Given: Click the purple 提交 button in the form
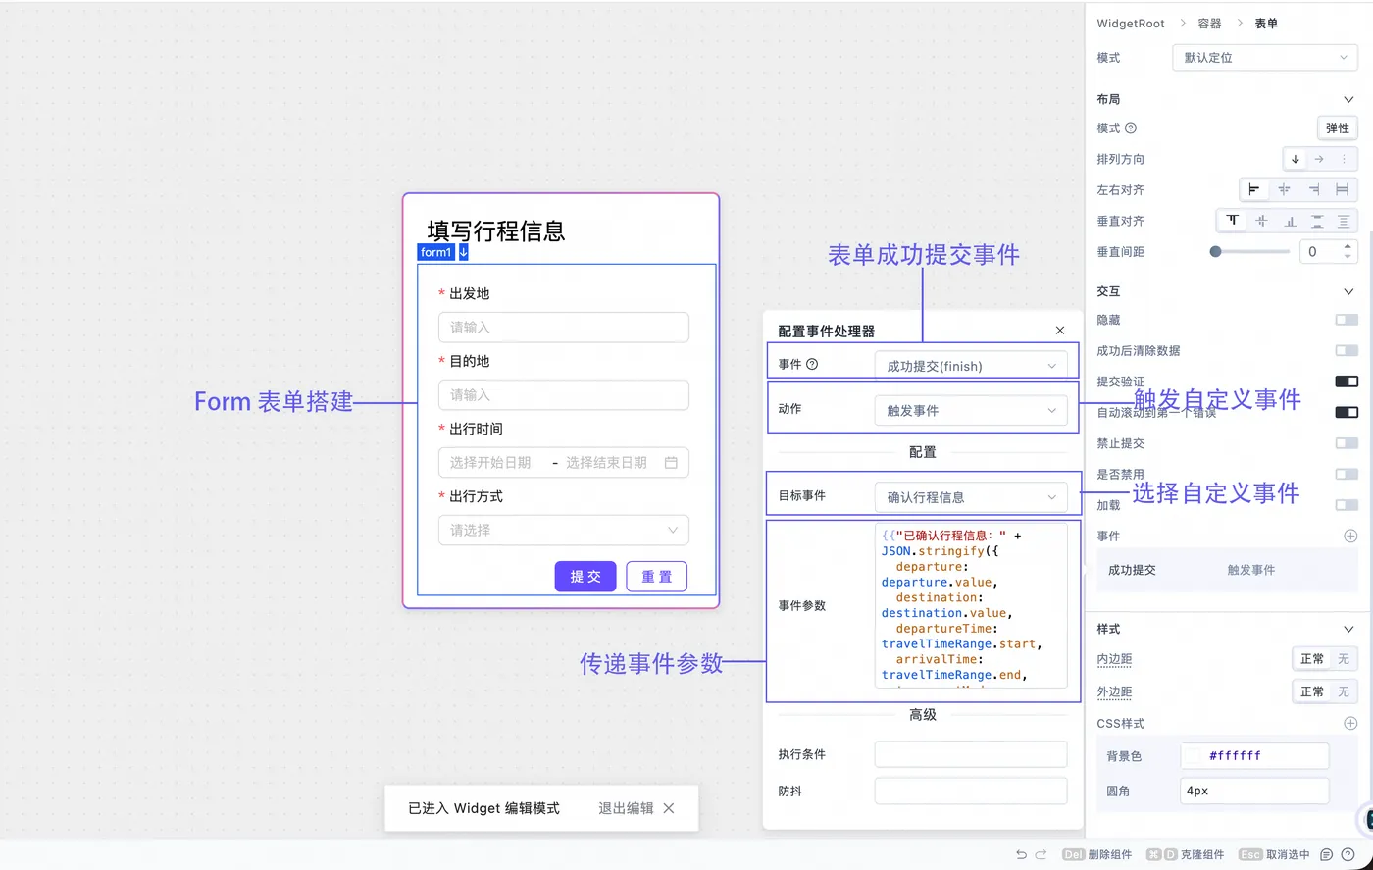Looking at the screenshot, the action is click(x=585, y=577).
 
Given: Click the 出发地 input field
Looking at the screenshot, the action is click(x=563, y=328).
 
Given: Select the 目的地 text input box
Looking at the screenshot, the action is click(x=563, y=395).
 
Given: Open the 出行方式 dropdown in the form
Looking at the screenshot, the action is click(x=563, y=531).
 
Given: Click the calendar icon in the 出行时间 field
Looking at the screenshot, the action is click(x=672, y=463).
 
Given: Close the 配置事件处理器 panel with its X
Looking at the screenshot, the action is click(x=1060, y=332).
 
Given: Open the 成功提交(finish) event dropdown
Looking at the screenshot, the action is click(x=970, y=366).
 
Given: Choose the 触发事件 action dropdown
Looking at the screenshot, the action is click(x=970, y=411).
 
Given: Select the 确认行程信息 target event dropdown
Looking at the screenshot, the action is click(x=970, y=497).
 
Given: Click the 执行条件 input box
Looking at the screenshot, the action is click(x=970, y=754).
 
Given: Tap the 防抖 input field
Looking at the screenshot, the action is click(x=970, y=791).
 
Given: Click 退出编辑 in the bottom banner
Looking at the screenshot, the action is click(x=626, y=808).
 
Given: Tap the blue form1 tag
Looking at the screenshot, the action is click(x=436, y=252).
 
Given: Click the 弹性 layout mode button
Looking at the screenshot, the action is click(x=1337, y=128).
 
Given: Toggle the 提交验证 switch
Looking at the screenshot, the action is click(x=1347, y=382).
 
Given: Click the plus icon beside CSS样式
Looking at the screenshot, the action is click(x=1350, y=724).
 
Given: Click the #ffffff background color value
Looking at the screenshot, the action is click(x=1235, y=756).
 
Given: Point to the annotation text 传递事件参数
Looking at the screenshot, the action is click(x=651, y=663).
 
